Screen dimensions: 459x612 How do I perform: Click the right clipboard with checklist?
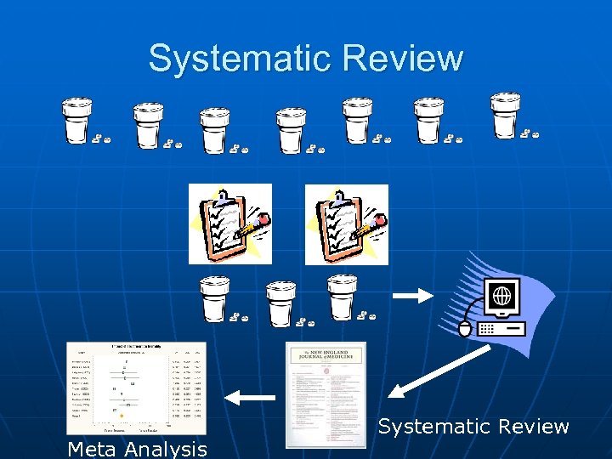345,224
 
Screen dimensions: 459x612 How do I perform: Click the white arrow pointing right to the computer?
412,296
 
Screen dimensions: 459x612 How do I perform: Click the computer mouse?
463,326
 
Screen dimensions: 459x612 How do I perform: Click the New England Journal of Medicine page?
326,394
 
